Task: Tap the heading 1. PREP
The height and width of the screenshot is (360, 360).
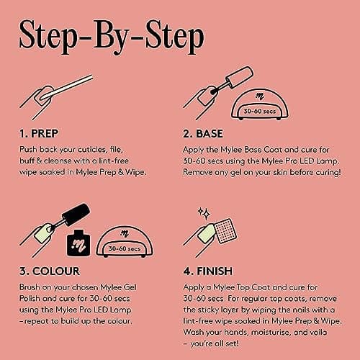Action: tap(39, 134)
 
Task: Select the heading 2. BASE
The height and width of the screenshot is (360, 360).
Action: tap(203, 134)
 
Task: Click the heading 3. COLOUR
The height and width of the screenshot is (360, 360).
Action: tap(50, 271)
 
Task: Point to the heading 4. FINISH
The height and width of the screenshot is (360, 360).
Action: tap(208, 271)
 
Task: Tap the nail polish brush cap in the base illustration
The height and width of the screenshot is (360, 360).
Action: tap(240, 77)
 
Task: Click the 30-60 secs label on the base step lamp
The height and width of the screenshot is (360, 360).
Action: tap(260, 111)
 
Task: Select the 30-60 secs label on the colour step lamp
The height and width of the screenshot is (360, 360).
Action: tap(125, 248)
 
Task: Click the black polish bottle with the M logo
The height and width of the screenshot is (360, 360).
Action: tap(78, 243)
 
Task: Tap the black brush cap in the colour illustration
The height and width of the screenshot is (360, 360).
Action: tap(76, 215)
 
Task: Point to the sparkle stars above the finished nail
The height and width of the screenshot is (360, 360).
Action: tap(204, 213)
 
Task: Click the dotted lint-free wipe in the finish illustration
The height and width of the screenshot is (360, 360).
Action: tap(225, 230)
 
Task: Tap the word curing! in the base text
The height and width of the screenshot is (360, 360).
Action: tap(328, 172)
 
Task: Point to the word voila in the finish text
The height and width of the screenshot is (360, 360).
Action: tap(318, 332)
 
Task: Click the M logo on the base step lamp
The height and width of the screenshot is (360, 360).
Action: tap(260, 96)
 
